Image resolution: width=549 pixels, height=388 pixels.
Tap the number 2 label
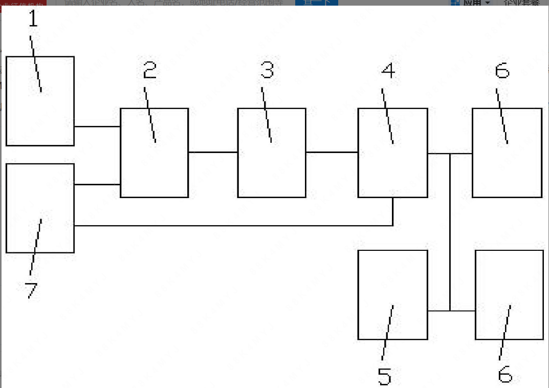coord(149,70)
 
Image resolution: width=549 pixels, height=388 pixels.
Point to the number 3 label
coord(267,70)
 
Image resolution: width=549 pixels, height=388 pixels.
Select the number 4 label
coord(388,70)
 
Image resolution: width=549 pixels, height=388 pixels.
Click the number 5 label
coord(384,377)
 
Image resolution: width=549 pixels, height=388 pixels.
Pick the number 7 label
coord(31,290)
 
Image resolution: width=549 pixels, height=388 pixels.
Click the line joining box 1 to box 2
coord(97,126)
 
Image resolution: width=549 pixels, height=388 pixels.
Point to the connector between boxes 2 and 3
coord(213,152)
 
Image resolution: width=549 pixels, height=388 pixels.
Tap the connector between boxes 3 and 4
coord(332,152)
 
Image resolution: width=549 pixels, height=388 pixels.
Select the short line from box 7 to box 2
coord(97,184)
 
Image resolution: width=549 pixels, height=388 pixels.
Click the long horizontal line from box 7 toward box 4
coord(230,225)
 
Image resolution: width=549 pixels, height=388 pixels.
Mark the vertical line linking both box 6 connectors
coord(450,230)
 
